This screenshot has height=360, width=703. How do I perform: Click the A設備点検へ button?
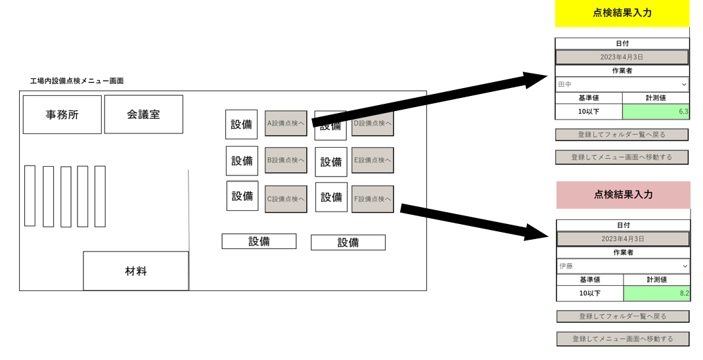tap(286, 123)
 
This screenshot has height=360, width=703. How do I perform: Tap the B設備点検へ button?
tap(286, 160)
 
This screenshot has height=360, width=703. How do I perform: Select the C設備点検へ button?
tap(286, 198)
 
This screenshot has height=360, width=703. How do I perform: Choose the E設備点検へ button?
tap(373, 160)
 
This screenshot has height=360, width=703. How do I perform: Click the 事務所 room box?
tap(62, 115)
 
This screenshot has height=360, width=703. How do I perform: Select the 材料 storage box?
tap(135, 271)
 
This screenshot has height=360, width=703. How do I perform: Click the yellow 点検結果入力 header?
tap(622, 13)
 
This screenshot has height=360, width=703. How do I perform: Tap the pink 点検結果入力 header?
tap(623, 194)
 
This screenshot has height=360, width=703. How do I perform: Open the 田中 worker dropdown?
tap(622, 84)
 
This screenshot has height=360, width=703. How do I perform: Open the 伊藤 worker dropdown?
tap(623, 266)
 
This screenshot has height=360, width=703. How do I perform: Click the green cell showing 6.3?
tap(656, 112)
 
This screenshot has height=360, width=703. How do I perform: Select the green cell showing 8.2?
tap(656, 293)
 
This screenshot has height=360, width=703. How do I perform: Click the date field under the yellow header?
tap(622, 57)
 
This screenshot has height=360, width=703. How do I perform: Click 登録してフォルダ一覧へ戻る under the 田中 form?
tap(622, 135)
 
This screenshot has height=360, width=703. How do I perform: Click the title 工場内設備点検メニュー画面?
tap(77, 81)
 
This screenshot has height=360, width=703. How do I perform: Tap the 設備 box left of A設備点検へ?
tap(241, 124)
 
